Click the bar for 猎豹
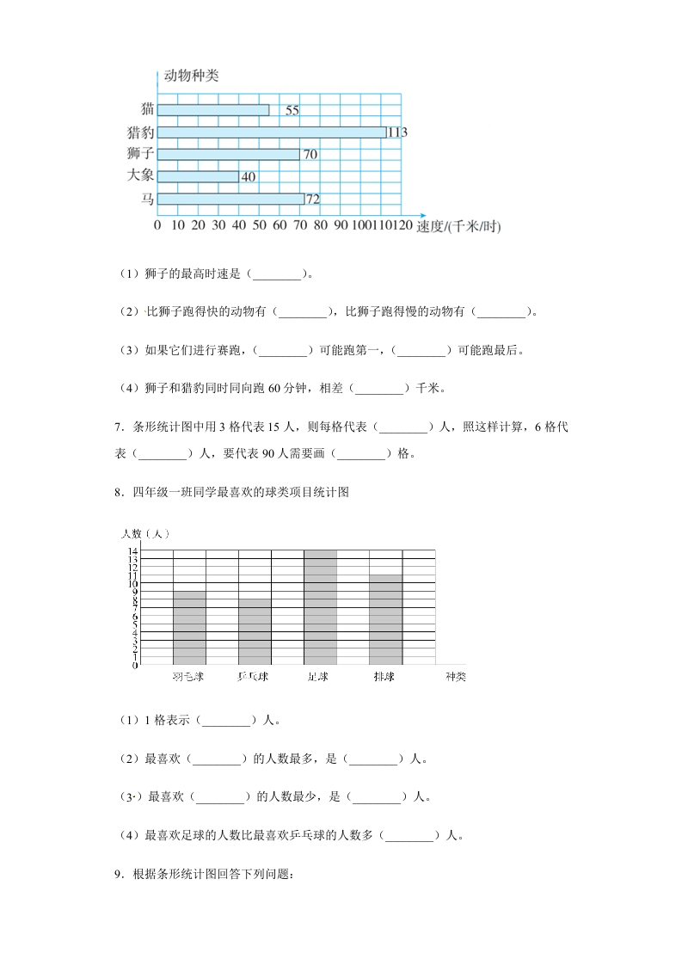[x=272, y=132]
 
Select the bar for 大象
[x=198, y=176]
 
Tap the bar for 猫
[x=213, y=109]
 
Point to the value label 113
[x=396, y=132]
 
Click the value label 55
[x=292, y=110]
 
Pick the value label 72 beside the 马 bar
[x=313, y=200]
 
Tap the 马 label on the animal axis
[x=148, y=199]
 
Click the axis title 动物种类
[x=191, y=76]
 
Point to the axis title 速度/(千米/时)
[x=458, y=227]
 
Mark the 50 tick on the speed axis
[x=259, y=225]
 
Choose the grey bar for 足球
[x=320, y=607]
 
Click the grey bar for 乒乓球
[x=255, y=631]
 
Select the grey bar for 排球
[x=385, y=619]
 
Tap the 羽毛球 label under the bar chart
[x=188, y=677]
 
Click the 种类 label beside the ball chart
[x=455, y=677]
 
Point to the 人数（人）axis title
[x=144, y=535]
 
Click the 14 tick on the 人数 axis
[x=134, y=550]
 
